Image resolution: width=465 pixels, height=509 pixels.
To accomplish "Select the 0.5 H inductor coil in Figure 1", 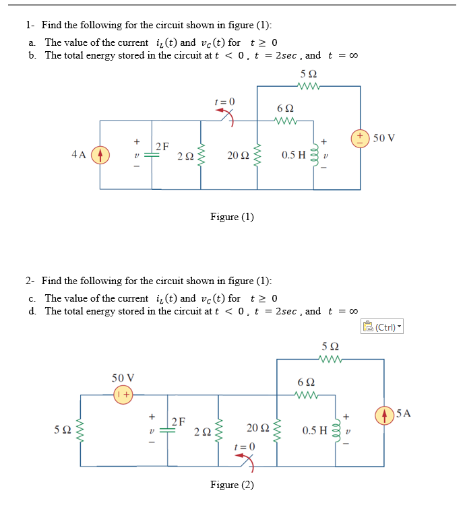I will (x=314, y=156).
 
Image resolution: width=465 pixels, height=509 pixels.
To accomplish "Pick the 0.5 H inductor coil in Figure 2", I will (x=335, y=430).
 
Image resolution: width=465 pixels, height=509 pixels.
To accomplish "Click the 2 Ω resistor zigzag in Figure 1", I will (x=200, y=156).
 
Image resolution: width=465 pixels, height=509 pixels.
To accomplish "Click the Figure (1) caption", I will (x=232, y=217).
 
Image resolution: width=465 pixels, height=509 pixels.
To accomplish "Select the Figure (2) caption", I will (x=232, y=485).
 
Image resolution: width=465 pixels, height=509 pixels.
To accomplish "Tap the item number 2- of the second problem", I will (x=31, y=281).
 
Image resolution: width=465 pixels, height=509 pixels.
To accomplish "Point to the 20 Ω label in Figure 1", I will (x=237, y=156).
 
